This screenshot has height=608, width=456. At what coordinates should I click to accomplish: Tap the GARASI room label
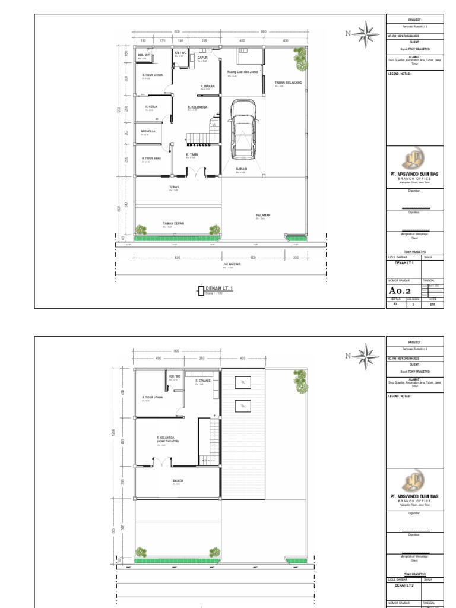point(242,169)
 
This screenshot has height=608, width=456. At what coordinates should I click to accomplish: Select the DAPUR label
point(202,58)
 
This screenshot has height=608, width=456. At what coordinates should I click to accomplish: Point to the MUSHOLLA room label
point(148,131)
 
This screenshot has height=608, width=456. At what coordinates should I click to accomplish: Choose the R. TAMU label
point(191,155)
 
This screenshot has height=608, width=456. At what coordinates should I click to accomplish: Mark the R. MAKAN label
point(207,86)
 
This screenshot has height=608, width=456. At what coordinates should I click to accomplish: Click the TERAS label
point(174,187)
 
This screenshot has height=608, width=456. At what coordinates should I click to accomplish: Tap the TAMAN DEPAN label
point(173,224)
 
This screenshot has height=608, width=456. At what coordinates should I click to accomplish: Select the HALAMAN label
point(263,216)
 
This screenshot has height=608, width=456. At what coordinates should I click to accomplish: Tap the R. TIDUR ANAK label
point(151,159)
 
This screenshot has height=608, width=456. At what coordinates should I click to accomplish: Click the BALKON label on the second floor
point(178,481)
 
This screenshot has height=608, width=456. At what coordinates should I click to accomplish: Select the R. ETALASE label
point(204,380)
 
